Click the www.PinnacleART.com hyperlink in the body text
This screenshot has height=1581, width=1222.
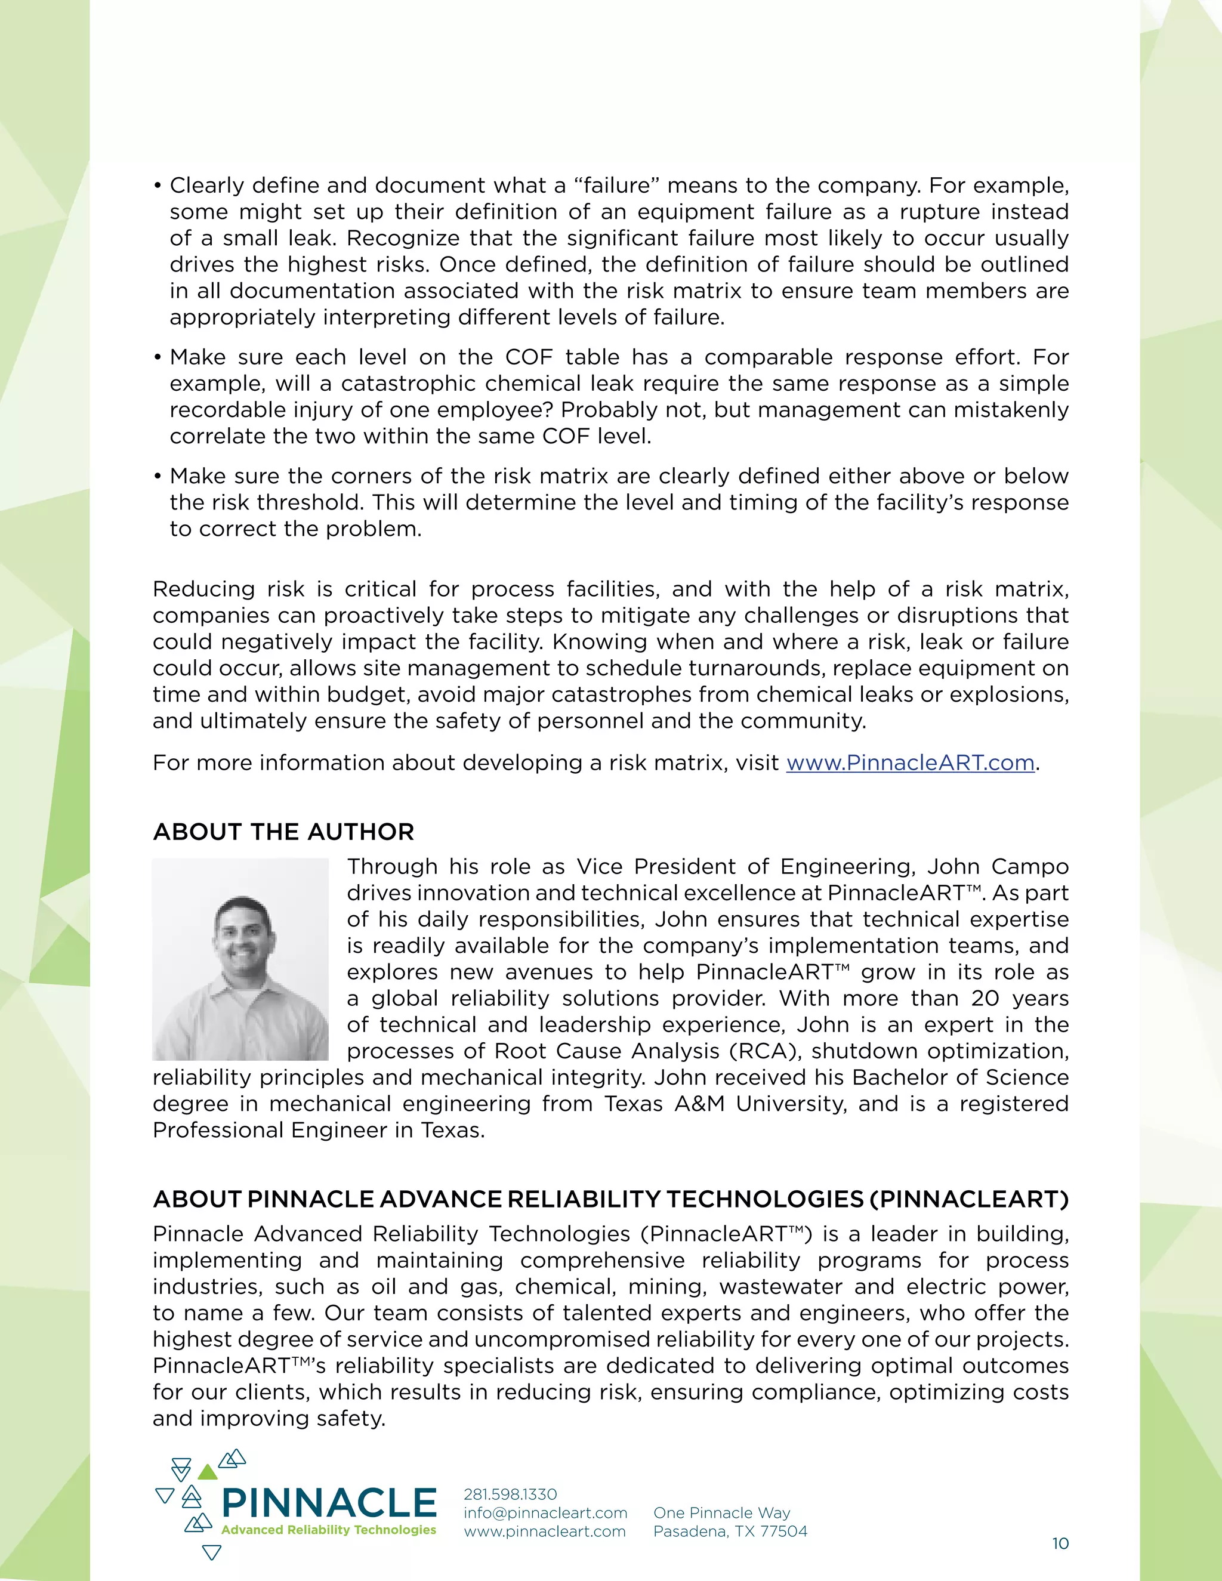910,763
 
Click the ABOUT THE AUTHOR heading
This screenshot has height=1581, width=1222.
283,832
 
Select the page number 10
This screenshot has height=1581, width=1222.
1060,1543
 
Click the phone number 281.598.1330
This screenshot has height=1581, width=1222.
510,1494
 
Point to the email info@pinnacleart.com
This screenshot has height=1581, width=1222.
545,1513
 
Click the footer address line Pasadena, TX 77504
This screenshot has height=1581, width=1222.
730,1531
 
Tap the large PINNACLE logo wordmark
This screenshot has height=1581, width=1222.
329,1503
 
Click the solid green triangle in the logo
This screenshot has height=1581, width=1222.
208,1472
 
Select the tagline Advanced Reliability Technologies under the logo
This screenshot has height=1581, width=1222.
329,1530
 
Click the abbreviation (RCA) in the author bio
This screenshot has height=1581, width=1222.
763,1051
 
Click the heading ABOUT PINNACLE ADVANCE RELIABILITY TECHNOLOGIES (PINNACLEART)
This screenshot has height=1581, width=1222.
610,1200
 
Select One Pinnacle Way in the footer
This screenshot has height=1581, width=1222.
722,1513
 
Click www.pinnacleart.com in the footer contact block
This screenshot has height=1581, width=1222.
544,1531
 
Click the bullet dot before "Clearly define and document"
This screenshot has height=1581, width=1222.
157,187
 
